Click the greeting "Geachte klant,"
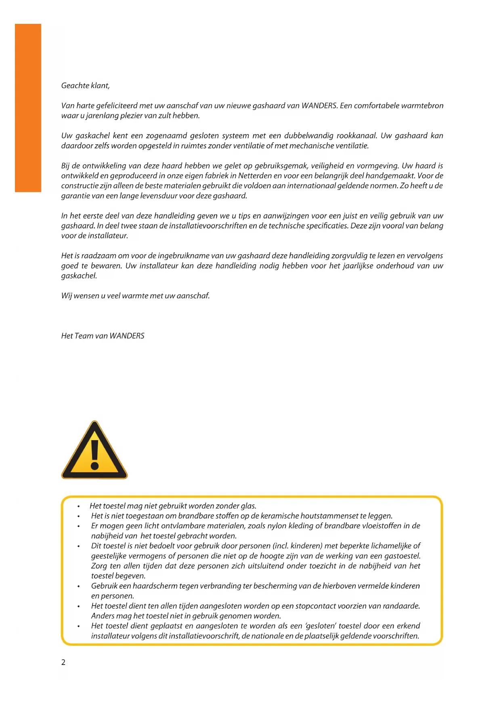[85, 86]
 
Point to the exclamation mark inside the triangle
[95, 454]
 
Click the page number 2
[63, 662]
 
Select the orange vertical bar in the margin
[28, 108]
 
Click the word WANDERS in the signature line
[127, 336]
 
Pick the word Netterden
[255, 176]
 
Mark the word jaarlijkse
[356, 266]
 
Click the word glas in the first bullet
[248, 506]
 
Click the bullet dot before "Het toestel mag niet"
[79, 506]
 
